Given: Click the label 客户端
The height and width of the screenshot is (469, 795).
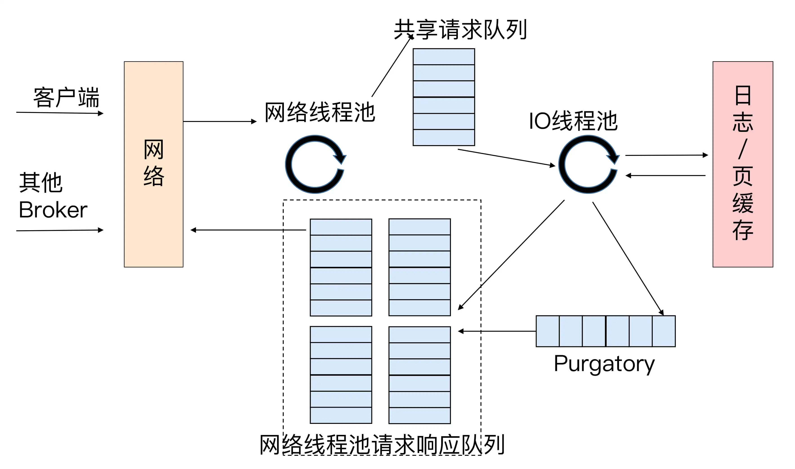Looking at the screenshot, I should pyautogui.click(x=66, y=97).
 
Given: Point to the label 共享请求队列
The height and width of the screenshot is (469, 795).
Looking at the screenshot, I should pyautogui.click(x=460, y=29).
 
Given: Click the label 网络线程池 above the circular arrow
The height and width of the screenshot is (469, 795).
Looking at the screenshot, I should pyautogui.click(x=320, y=112).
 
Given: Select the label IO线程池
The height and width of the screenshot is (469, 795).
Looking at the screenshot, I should pyautogui.click(x=573, y=121).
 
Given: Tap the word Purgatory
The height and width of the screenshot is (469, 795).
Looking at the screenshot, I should pyautogui.click(x=604, y=364).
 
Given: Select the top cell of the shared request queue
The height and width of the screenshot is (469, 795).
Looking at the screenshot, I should pyautogui.click(x=444, y=57).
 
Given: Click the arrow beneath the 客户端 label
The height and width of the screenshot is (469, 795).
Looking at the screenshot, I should pyautogui.click(x=60, y=113).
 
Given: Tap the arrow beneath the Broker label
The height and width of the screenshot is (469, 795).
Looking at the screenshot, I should pyautogui.click(x=60, y=230).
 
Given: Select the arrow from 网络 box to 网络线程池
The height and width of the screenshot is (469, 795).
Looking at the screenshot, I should pyautogui.click(x=220, y=121).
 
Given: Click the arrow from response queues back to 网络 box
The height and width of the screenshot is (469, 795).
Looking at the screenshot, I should pyautogui.click(x=248, y=230).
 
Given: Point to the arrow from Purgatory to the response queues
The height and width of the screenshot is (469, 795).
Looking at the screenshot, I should pyautogui.click(x=497, y=331).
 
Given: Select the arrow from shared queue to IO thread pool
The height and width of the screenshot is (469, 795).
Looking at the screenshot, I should pyautogui.click(x=506, y=157).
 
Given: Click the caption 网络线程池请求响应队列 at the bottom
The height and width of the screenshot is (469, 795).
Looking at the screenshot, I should pyautogui.click(x=382, y=445).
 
